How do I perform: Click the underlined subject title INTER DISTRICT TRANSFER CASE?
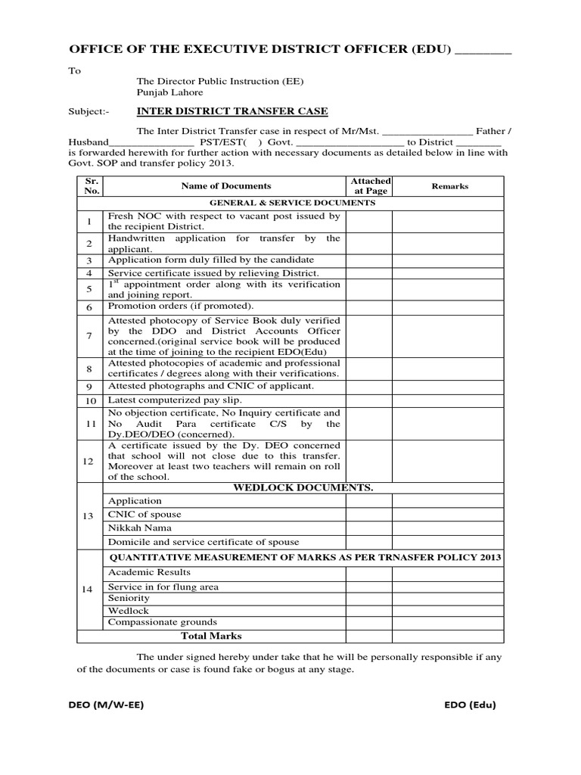click(x=231, y=111)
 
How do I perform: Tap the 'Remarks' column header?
click(x=449, y=186)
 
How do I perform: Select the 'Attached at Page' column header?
click(x=370, y=186)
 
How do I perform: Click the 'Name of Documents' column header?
click(x=225, y=186)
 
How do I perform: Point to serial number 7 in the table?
click(x=89, y=335)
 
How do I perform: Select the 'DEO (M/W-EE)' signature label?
click(x=106, y=705)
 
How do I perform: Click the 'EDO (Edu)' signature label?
click(x=470, y=705)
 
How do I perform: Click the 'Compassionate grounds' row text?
click(x=163, y=622)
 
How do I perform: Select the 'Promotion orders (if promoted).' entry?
click(x=181, y=306)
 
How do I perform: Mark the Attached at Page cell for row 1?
click(x=370, y=221)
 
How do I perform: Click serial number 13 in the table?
click(x=89, y=515)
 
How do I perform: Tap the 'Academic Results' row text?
click(x=150, y=572)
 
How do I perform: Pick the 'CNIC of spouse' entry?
click(x=144, y=515)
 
